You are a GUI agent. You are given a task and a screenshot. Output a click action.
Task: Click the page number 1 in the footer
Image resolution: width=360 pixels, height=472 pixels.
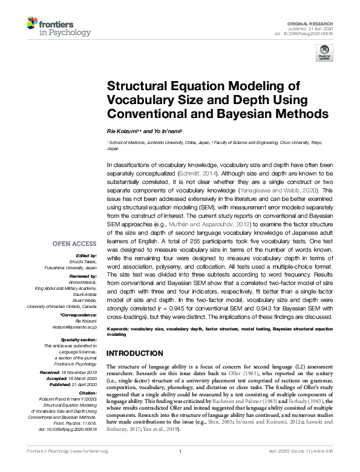click(180, 459)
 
